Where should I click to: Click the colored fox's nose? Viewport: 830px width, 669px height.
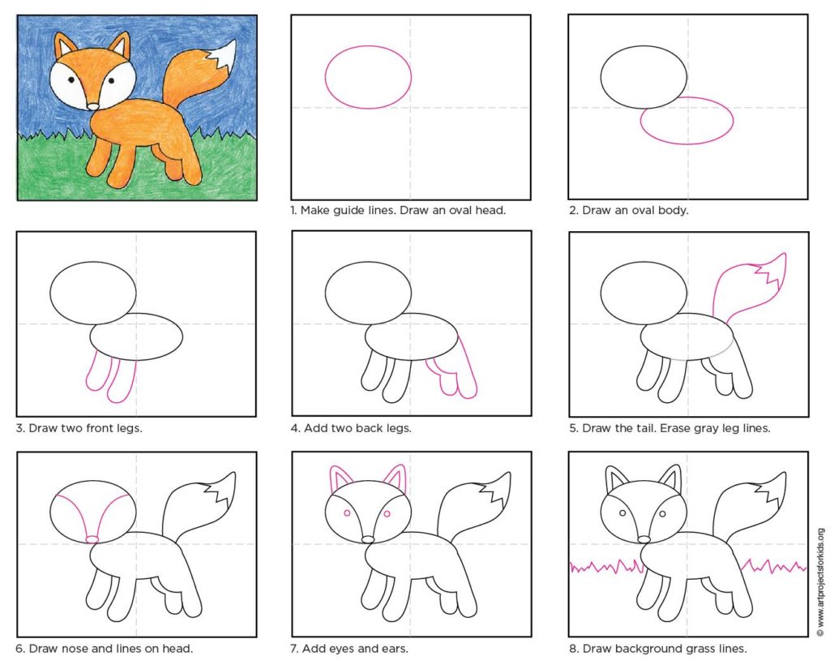pyautogui.click(x=93, y=106)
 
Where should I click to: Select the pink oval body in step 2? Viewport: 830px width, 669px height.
pyautogui.click(x=687, y=120)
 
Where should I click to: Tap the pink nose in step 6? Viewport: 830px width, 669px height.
pyautogui.click(x=92, y=539)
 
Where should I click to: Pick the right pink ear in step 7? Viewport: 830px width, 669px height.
pyautogui.click(x=395, y=478)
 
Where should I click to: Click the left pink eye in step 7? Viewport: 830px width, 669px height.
pyautogui.click(x=347, y=512)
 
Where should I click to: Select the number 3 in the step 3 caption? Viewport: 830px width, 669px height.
pyautogui.click(x=19, y=428)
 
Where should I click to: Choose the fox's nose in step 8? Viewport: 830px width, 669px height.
pyautogui.click(x=644, y=539)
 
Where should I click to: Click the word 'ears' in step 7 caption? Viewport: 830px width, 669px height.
pyautogui.click(x=395, y=649)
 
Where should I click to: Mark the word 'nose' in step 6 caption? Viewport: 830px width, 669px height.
pyautogui.click(x=75, y=649)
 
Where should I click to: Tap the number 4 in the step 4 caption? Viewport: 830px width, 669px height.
pyautogui.click(x=294, y=428)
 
